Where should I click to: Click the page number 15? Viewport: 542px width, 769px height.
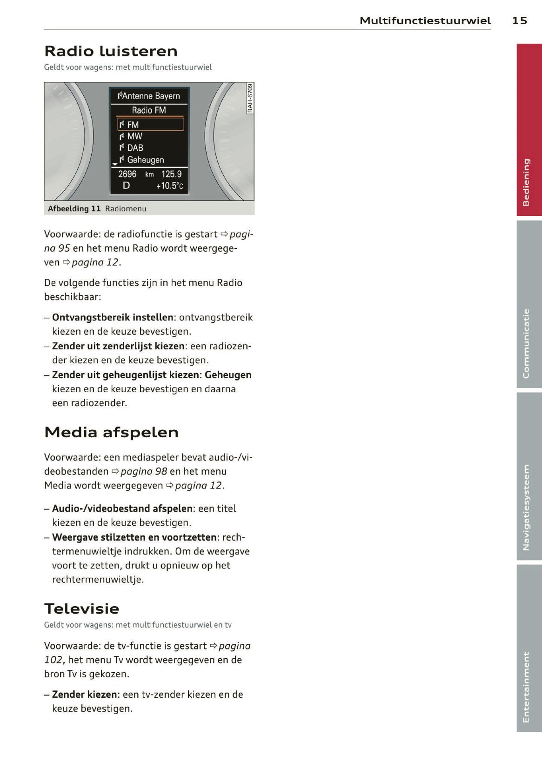coord(520,20)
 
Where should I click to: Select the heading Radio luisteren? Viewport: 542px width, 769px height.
coord(111,51)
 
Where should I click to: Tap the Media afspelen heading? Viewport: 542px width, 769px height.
coord(111,432)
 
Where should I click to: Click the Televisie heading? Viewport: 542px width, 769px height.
coord(82,609)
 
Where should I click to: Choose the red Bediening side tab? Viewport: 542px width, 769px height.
coord(529,130)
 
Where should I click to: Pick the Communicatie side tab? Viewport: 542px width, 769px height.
coord(529,304)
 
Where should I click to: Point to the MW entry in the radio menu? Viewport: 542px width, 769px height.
coord(134,136)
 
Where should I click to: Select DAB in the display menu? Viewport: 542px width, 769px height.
coord(135,148)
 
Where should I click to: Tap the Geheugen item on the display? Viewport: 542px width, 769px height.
coord(145,160)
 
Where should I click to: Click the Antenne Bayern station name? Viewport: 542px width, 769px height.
coord(149,96)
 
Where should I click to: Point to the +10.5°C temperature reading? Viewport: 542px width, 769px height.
coord(169,186)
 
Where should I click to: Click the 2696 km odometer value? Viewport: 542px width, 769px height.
coord(135,174)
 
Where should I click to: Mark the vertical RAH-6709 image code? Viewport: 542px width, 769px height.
coord(250,98)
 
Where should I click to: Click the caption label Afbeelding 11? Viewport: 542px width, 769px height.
coord(74,208)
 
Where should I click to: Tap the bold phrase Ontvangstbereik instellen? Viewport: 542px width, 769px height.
coord(113,317)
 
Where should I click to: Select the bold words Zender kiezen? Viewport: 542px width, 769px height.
coord(84,694)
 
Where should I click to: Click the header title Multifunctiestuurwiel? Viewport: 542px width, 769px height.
coord(425,20)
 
